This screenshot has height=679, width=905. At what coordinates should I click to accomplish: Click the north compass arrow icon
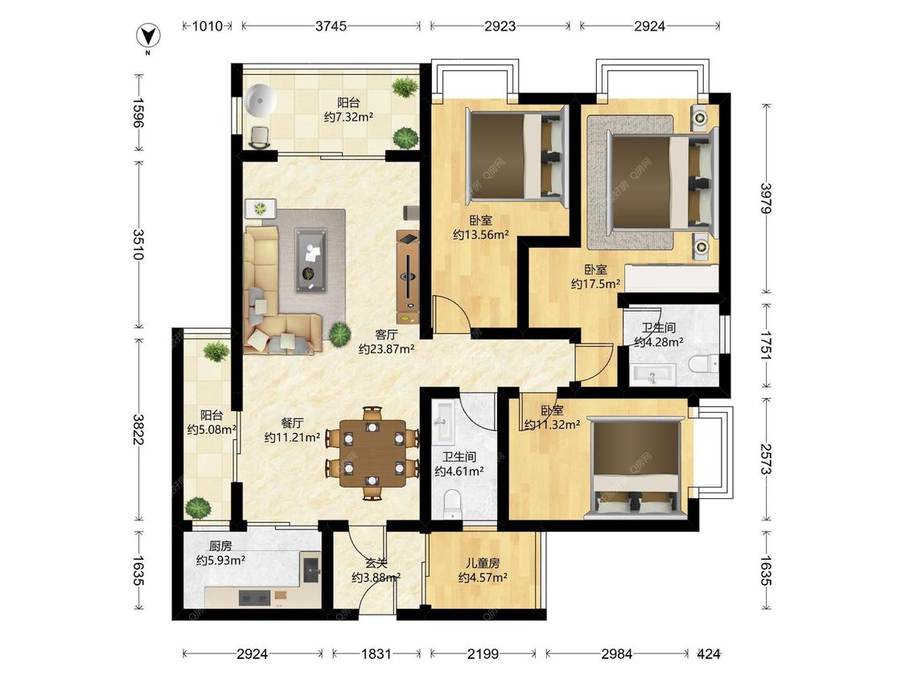(148, 36)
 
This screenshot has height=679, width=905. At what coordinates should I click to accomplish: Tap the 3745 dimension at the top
(331, 26)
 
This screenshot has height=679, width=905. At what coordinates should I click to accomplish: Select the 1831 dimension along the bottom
(376, 654)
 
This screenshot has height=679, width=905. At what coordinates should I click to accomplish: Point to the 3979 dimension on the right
(767, 198)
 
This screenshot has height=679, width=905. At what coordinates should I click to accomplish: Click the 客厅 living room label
(386, 335)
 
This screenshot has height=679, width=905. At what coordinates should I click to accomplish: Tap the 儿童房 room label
(483, 563)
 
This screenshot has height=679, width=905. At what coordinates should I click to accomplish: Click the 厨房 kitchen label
(220, 545)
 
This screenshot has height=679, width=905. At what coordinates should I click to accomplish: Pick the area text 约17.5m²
(595, 283)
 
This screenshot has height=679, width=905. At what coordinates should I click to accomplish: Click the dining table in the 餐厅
(373, 453)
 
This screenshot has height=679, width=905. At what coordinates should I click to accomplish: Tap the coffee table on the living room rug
(312, 261)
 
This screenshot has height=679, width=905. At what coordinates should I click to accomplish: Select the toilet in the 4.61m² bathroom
(451, 504)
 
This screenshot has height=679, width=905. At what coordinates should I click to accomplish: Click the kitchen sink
(312, 566)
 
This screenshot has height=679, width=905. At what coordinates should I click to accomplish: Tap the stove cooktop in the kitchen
(254, 598)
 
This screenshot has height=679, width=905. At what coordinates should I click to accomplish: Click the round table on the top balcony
(261, 101)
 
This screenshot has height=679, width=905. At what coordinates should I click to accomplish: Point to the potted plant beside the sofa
(339, 335)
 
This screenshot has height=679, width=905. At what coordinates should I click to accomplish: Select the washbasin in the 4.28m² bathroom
(652, 375)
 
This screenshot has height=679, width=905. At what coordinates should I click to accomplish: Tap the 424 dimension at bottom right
(708, 654)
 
